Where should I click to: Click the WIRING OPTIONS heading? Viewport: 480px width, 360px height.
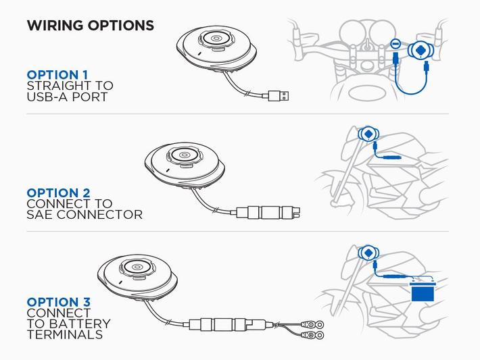point(91,26)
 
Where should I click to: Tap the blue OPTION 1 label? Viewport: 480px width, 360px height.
point(57,75)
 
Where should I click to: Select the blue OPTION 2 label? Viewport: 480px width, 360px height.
point(58,193)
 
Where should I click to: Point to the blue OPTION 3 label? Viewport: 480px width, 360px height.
point(58,302)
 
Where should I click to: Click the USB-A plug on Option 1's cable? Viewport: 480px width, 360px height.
point(279,96)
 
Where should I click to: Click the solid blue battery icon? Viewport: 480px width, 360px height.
point(423,291)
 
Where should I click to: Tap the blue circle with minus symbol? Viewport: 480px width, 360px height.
point(395,44)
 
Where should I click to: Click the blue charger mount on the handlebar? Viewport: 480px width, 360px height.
point(420,49)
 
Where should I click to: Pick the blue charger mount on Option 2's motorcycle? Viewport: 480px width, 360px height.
point(368,134)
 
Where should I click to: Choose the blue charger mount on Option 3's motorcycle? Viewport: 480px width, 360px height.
point(368,253)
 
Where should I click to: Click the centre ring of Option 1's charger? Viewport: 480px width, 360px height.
point(216,38)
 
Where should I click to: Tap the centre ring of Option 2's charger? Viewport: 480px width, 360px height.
point(185,155)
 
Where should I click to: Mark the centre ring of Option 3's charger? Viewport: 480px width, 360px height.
point(137,267)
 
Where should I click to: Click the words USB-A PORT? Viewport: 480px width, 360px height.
point(67,97)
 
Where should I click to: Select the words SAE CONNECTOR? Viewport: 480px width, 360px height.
point(85,215)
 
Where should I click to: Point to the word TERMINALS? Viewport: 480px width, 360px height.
point(65,334)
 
